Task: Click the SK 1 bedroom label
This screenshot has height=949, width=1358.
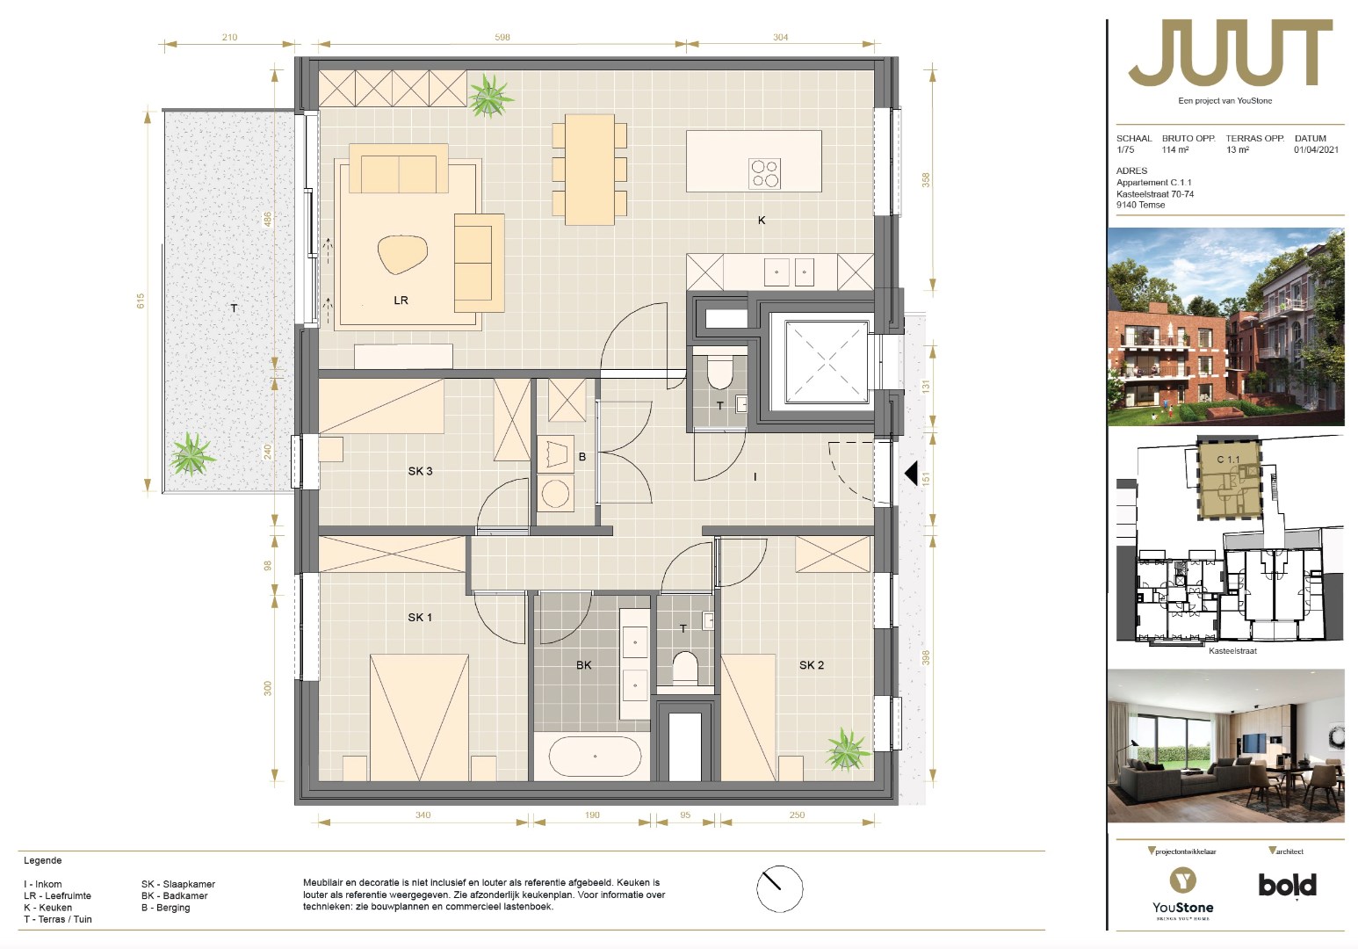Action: tap(420, 618)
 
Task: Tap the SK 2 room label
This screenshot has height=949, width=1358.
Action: tap(811, 665)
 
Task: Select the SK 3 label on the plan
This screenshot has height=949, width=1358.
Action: tap(420, 471)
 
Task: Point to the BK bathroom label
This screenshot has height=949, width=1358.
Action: tap(583, 665)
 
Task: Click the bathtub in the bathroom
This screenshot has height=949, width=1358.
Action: tap(595, 757)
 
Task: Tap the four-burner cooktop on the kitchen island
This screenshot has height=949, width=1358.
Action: tap(764, 173)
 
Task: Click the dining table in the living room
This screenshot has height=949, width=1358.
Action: tap(589, 170)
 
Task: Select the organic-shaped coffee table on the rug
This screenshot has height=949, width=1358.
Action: tap(402, 254)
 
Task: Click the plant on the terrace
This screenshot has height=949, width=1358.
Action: tap(192, 453)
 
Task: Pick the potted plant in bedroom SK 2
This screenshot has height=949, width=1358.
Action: tap(847, 750)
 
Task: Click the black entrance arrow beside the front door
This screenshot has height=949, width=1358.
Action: tap(911, 474)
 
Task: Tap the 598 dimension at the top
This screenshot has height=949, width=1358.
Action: tap(502, 37)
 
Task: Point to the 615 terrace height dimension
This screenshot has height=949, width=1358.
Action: tap(141, 301)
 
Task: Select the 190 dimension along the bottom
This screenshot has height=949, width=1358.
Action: tap(592, 815)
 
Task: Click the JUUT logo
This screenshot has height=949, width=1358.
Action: tap(1230, 53)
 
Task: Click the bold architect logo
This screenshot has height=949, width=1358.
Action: tap(1288, 886)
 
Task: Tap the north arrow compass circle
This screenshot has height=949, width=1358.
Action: tap(780, 889)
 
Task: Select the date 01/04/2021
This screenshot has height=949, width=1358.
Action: tap(1316, 149)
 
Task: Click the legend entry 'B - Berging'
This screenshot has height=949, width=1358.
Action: tap(165, 908)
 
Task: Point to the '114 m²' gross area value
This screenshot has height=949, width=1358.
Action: tap(1175, 149)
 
